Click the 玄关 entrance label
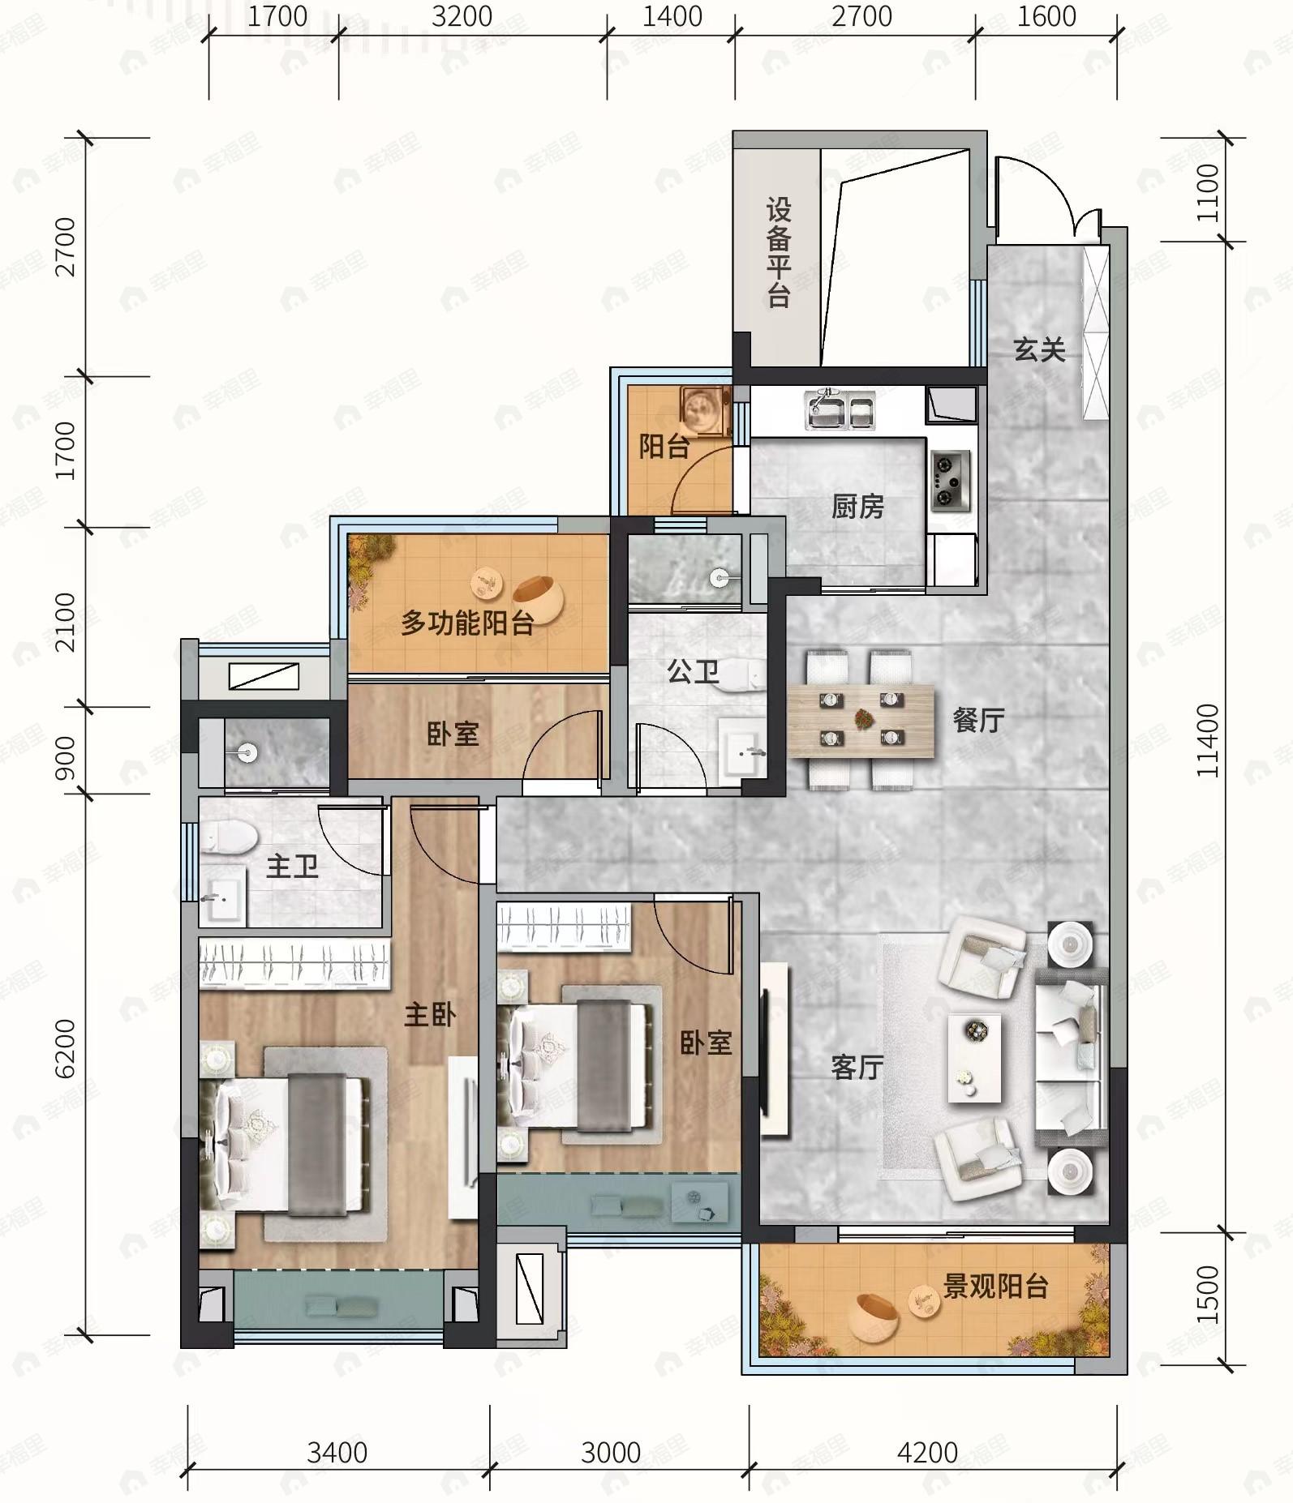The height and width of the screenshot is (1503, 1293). [1039, 350]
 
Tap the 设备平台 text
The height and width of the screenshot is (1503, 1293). [779, 253]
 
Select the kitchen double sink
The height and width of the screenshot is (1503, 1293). [840, 409]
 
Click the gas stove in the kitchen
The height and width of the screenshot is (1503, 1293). [950, 481]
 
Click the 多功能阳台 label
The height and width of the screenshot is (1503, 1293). [468, 623]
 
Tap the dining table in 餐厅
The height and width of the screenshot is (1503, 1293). [861, 722]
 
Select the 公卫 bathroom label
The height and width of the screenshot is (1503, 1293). [693, 671]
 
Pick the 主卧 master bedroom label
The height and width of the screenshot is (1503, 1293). [430, 1014]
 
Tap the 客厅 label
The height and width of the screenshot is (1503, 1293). [857, 1067]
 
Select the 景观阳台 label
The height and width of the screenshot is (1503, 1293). [995, 1286]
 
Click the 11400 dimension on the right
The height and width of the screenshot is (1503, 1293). [1207, 740]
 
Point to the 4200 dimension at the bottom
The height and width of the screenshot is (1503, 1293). [927, 1453]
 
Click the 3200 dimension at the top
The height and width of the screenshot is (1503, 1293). [462, 16]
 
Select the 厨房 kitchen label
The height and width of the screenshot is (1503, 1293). [857, 507]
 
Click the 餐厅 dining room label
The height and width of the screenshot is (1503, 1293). [979, 720]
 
